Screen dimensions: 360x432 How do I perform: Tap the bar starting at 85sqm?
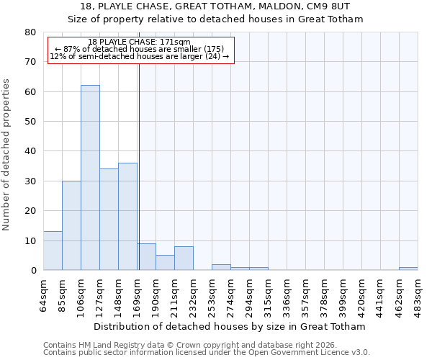point(71,225)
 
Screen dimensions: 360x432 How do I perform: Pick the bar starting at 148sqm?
point(127,216)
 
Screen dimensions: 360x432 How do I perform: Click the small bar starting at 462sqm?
point(408,269)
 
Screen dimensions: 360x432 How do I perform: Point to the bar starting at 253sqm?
point(221,267)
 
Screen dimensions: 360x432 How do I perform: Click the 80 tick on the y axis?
point(30,32)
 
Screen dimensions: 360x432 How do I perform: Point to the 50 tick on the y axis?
point(30,122)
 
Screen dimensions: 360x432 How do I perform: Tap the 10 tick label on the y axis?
point(30,240)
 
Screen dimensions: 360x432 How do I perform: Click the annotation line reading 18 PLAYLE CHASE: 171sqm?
point(139,42)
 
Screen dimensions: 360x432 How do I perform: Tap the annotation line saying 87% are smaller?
point(140,49)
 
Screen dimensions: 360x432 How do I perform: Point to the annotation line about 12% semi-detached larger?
point(140,56)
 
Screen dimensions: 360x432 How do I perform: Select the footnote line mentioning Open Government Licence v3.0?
point(207,352)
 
